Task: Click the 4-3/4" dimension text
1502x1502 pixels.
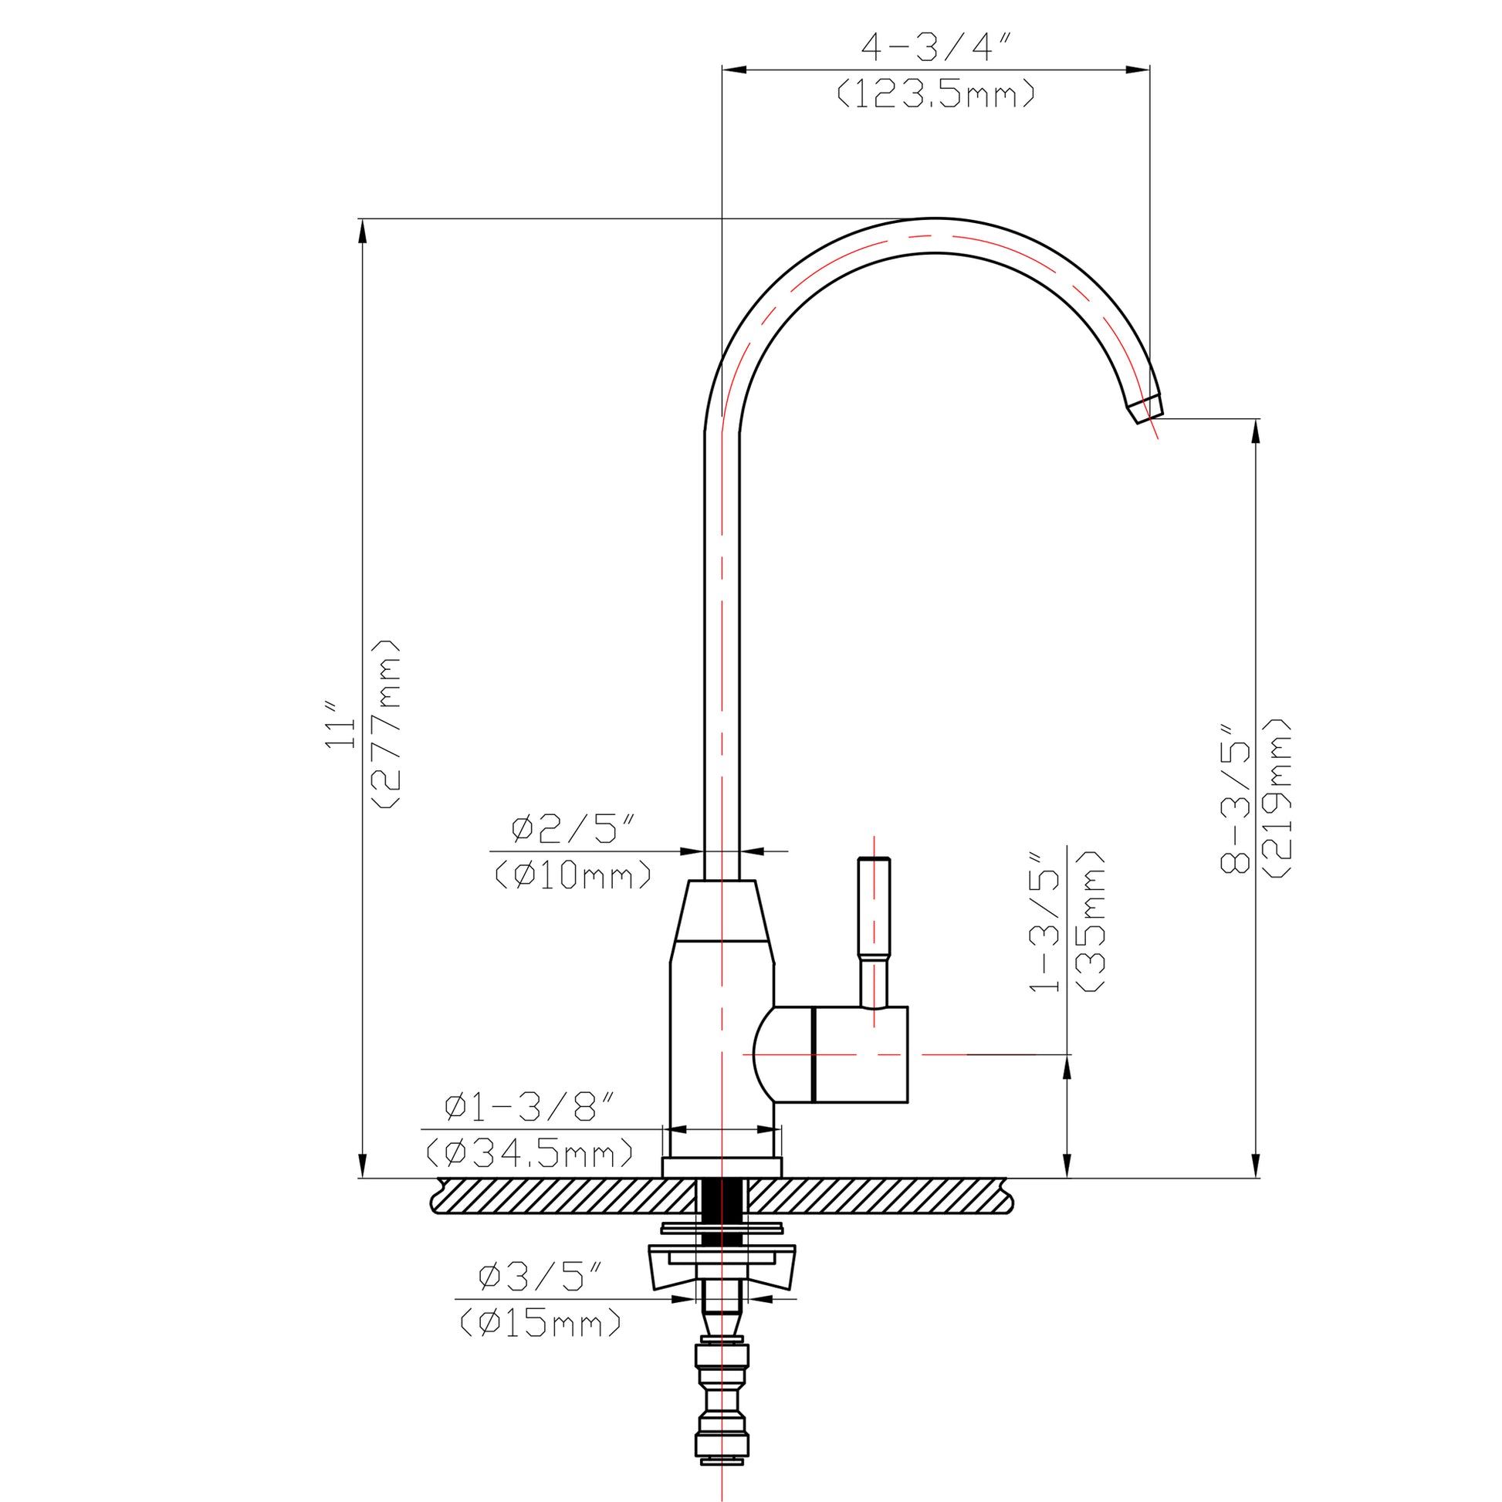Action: point(935,47)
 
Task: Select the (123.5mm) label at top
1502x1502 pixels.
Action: point(935,95)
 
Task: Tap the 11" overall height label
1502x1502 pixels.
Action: point(340,725)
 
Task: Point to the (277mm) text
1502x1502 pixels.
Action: point(387,725)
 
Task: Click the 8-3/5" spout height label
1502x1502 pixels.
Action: point(1235,800)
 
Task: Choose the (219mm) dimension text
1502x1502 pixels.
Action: point(1278,800)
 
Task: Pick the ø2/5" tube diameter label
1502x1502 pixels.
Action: point(573,830)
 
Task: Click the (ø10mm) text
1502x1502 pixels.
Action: point(573,875)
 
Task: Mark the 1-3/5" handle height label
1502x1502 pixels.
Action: point(1044,923)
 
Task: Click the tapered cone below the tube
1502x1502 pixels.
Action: point(722,911)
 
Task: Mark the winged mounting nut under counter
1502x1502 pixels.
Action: point(722,1264)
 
